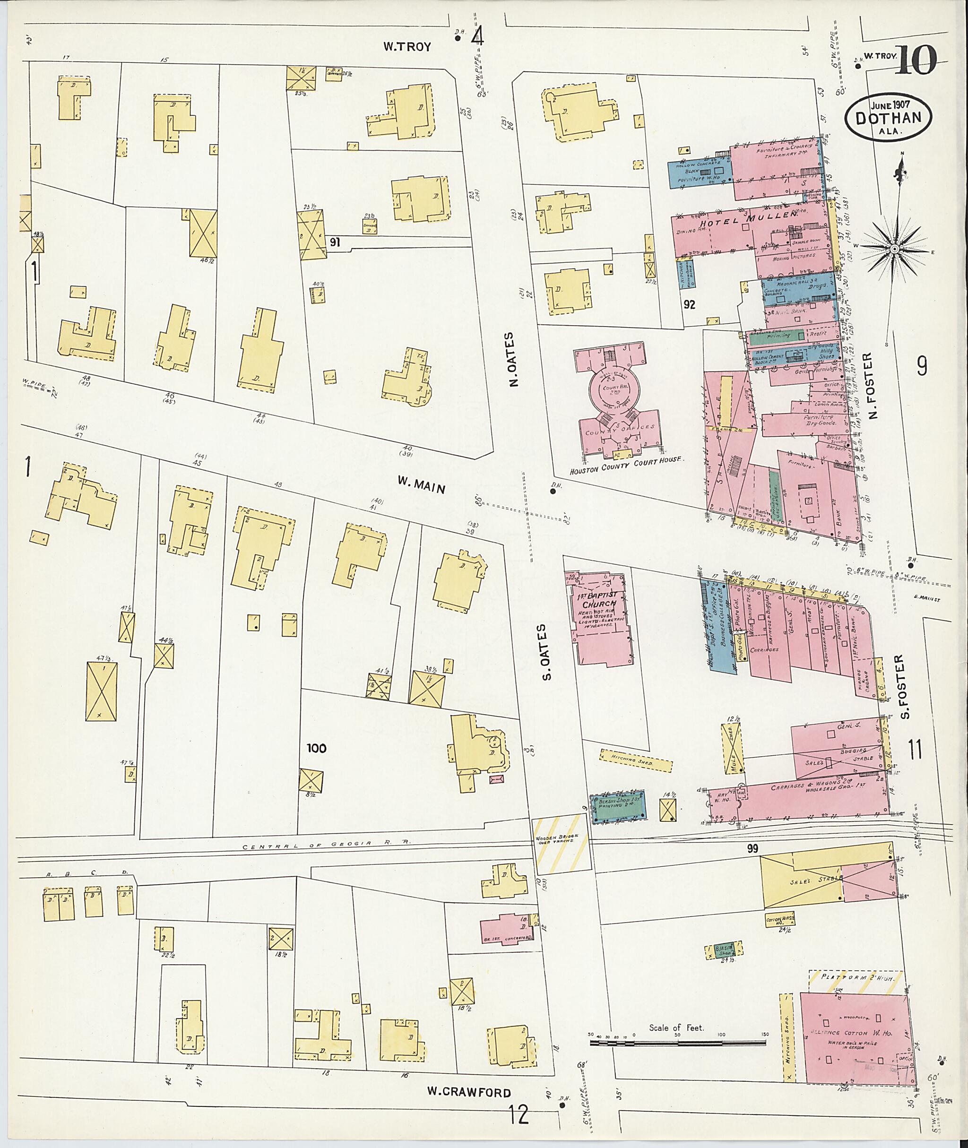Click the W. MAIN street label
422,484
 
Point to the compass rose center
894,249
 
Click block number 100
316,749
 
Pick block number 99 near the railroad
752,849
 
